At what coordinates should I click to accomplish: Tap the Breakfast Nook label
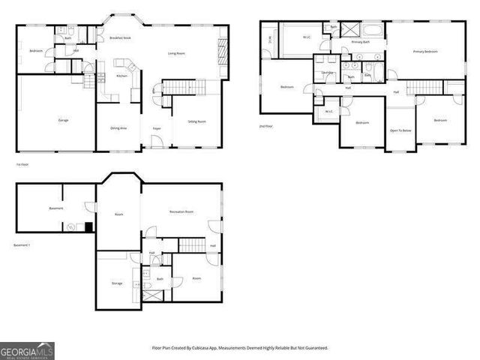(120, 37)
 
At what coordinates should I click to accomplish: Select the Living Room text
(177, 53)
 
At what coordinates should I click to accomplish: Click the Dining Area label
(118, 128)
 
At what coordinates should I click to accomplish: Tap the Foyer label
(157, 129)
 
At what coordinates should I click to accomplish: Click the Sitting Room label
(196, 121)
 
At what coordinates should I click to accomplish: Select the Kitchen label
(121, 76)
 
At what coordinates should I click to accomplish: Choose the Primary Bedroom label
(425, 51)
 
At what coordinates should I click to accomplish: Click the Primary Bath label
(361, 42)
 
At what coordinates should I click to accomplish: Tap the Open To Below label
(400, 130)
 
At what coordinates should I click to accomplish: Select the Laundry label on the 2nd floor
(327, 73)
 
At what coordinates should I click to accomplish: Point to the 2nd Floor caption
(266, 127)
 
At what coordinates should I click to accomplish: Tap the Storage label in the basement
(117, 283)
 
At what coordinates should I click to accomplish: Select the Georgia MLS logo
(27, 350)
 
